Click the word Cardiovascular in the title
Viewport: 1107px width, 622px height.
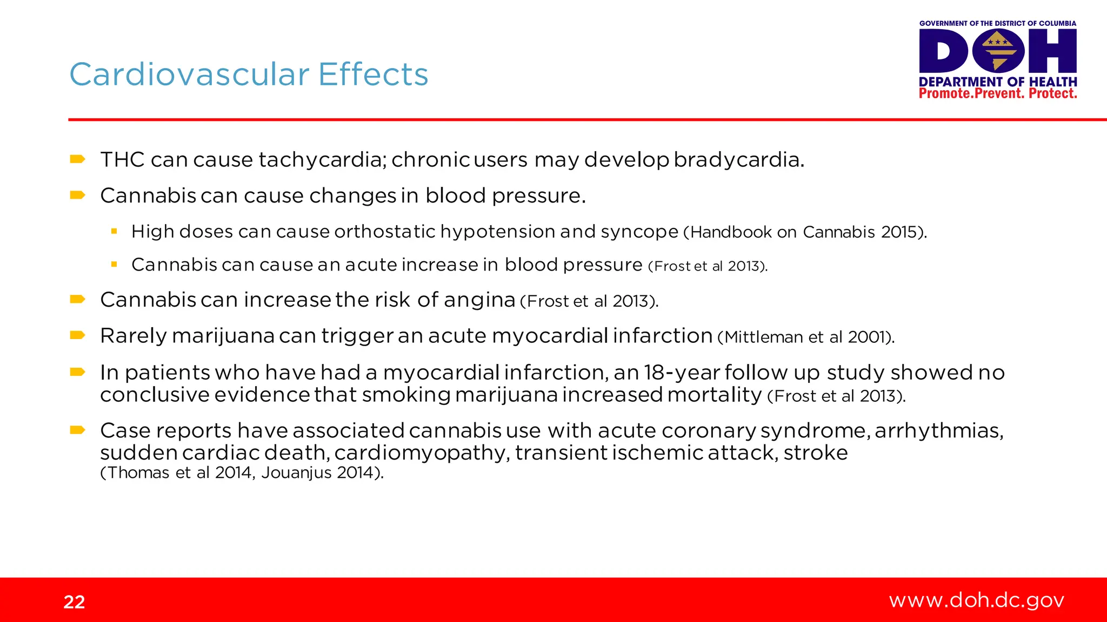pyautogui.click(x=189, y=75)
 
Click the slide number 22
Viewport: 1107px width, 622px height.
pyautogui.click(x=74, y=602)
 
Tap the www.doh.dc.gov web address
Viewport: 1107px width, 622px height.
pyautogui.click(x=976, y=600)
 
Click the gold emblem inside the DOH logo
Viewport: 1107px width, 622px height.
pyautogui.click(x=998, y=51)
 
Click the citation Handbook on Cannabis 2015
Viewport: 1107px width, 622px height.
pyautogui.click(x=805, y=232)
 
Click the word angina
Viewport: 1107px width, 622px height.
pyautogui.click(x=479, y=300)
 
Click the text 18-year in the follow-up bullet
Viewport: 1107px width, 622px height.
pyautogui.click(x=682, y=373)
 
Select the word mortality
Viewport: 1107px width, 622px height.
pyautogui.click(x=714, y=395)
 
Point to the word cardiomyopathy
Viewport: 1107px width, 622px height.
pyautogui.click(x=422, y=453)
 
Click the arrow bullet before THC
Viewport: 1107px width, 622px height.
pyautogui.click(x=78, y=159)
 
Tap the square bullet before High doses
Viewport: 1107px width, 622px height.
pyautogui.click(x=114, y=231)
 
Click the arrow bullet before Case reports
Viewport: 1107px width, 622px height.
pyautogui.click(x=78, y=430)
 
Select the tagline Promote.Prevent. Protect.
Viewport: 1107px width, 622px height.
pyautogui.click(x=997, y=93)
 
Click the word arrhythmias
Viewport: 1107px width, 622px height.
pyautogui.click(x=939, y=430)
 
